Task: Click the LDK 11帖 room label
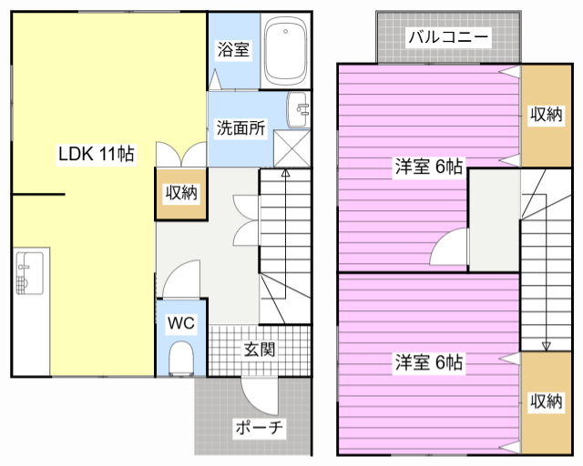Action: tap(97, 154)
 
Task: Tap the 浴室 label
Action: tap(233, 49)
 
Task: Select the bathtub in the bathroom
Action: tap(285, 51)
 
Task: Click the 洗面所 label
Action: tap(240, 127)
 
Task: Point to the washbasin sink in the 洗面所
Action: tap(298, 109)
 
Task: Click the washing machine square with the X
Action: tap(291, 148)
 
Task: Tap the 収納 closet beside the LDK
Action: tap(181, 193)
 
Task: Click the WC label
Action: tap(181, 323)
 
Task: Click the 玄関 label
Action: tap(259, 349)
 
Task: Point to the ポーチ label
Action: tap(259, 428)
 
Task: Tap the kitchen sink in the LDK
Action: tap(30, 273)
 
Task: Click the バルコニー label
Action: tap(448, 36)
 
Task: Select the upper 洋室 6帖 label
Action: tap(429, 167)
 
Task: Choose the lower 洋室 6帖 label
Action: tap(429, 361)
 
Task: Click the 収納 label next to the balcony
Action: tap(546, 114)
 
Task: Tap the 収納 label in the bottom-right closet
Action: tap(546, 401)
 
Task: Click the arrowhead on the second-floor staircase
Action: tap(546, 346)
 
